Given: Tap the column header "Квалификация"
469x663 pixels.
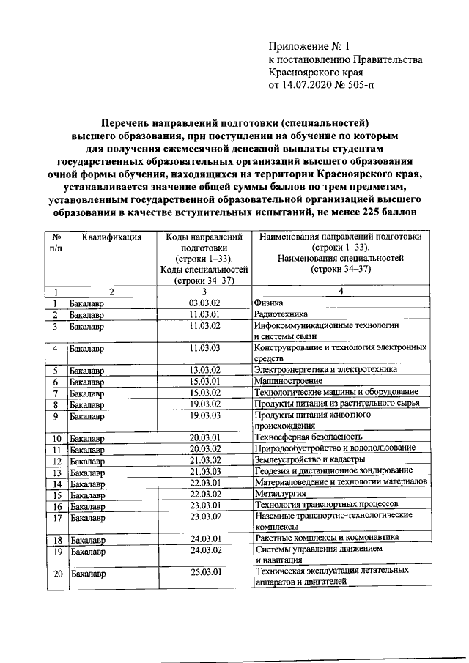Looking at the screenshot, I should coord(111,237).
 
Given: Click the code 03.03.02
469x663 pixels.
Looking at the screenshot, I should coord(205,303).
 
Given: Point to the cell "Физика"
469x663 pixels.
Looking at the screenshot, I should coord(268,303).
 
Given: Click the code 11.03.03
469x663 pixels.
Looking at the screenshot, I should coord(205,348).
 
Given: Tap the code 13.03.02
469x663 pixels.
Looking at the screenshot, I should coord(205,370).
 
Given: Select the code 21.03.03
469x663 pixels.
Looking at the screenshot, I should coord(205,471).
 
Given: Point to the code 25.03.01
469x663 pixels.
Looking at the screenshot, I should coord(205,571).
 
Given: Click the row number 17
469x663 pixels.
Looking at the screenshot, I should coord(56,516).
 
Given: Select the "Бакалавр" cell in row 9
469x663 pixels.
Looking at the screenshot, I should coord(87,415).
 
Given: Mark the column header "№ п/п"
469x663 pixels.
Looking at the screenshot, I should coord(56,242).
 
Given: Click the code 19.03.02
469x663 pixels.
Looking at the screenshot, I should coord(205,404).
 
